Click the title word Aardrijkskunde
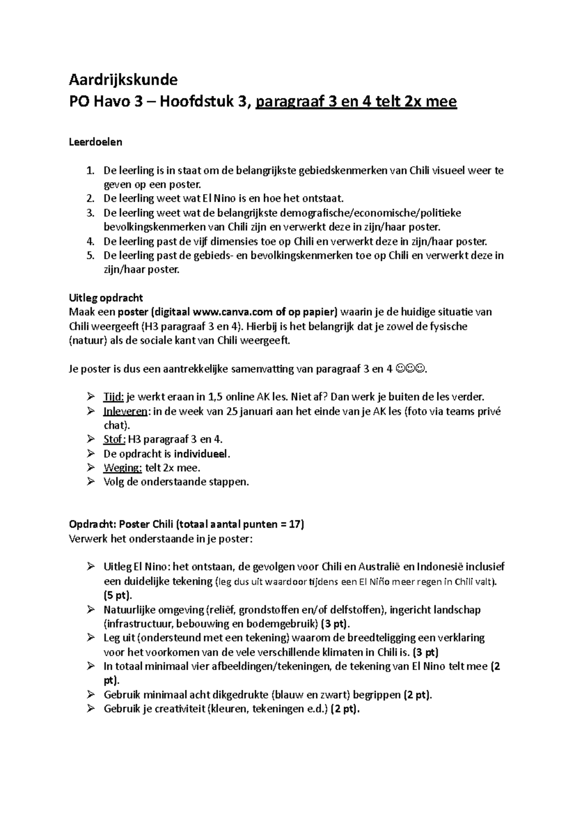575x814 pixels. click(x=123, y=79)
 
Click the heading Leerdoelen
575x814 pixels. click(x=96, y=142)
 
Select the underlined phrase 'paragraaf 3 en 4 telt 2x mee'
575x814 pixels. click(x=356, y=102)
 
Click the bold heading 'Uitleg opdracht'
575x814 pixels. click(x=106, y=298)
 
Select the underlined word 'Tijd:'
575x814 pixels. click(x=114, y=397)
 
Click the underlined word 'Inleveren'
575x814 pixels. click(x=125, y=411)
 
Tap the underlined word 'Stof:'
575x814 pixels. click(x=115, y=439)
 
